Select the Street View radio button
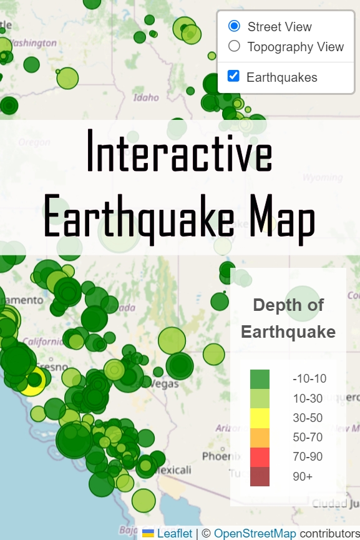[x=235, y=26]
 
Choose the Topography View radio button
[x=235, y=46]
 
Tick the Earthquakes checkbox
[x=234, y=76]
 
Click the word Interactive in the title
[x=180, y=151]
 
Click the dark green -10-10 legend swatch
[x=260, y=379]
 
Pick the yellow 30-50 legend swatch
[x=260, y=418]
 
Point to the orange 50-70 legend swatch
[x=260, y=437]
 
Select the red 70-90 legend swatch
[x=260, y=456]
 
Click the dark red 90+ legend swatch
[x=260, y=476]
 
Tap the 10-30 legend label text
[x=308, y=398]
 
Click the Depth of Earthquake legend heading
[x=288, y=318]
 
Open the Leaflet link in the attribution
[x=174, y=533]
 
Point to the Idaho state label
[x=146, y=97]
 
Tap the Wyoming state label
[x=323, y=177]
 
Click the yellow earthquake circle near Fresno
[x=34, y=380]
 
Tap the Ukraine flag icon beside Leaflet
[x=148, y=533]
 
